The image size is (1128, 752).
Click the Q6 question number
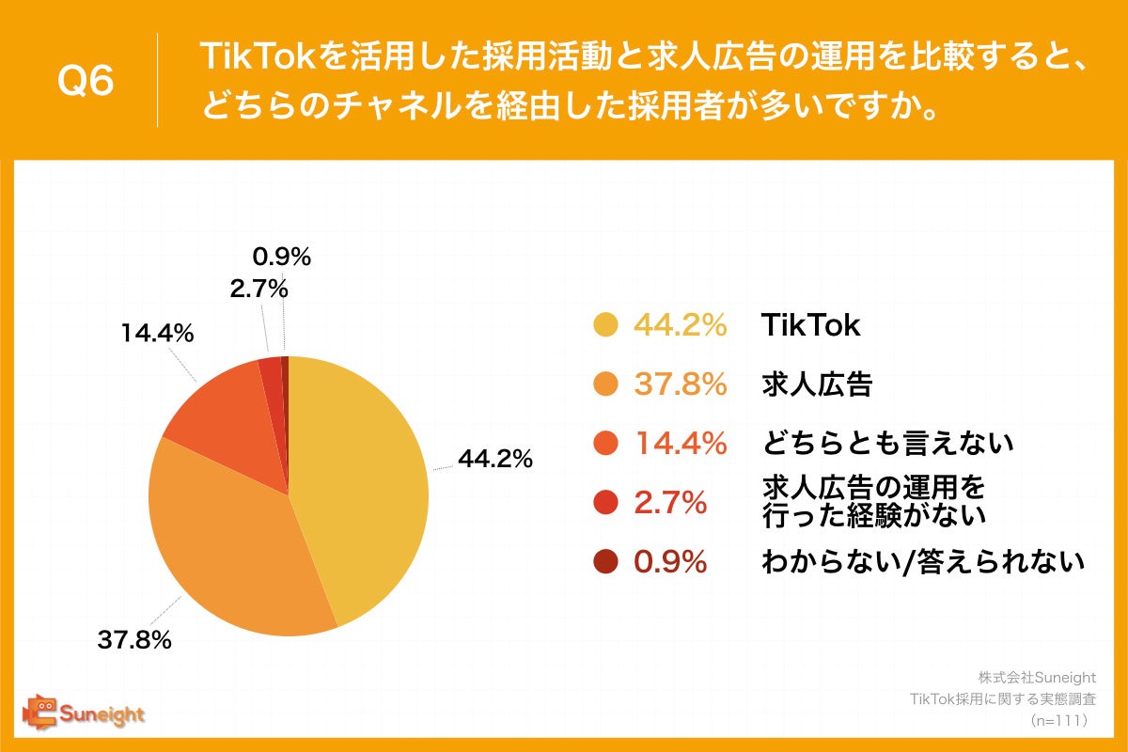click(x=86, y=81)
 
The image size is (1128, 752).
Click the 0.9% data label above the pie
click(x=282, y=256)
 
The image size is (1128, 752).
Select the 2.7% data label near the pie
click(x=258, y=290)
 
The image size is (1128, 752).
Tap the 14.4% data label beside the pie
click(x=156, y=333)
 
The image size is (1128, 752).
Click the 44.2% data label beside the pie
click(x=495, y=459)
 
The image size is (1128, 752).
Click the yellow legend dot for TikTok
click(x=605, y=325)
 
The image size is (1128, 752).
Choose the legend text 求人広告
click(x=816, y=384)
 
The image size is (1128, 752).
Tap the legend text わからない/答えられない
click(x=922, y=562)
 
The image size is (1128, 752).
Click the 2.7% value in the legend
click(x=670, y=503)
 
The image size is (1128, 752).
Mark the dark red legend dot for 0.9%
click(x=605, y=562)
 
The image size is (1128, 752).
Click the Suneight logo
click(x=84, y=713)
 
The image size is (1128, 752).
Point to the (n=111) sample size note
click(x=1059, y=721)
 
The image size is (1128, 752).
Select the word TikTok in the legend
click(x=810, y=325)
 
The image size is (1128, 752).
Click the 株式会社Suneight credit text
click(x=1038, y=678)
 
